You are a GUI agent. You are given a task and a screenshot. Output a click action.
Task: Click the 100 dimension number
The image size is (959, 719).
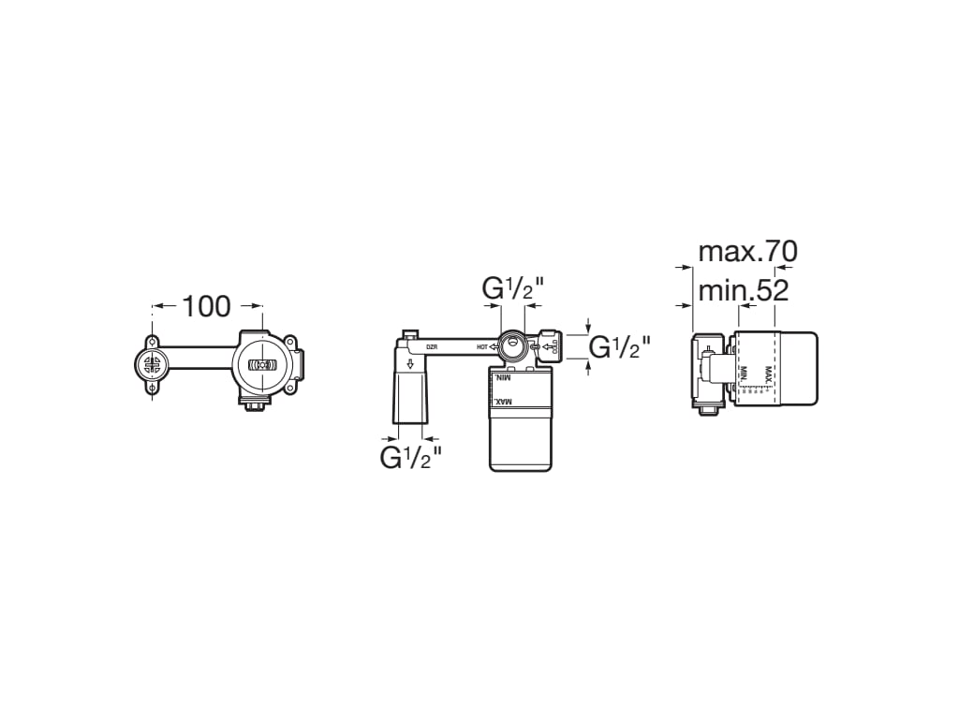(x=206, y=306)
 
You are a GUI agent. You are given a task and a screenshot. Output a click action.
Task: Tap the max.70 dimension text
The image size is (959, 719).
(x=747, y=251)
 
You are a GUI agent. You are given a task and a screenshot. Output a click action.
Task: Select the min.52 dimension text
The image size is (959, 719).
(x=743, y=290)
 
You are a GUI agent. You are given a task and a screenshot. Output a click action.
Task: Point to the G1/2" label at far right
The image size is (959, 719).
(x=619, y=347)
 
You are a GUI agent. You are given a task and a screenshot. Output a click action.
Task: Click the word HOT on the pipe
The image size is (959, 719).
(x=482, y=347)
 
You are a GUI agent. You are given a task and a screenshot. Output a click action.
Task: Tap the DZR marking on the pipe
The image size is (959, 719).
(x=433, y=347)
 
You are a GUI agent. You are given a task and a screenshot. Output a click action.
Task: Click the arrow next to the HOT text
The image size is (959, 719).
(x=494, y=347)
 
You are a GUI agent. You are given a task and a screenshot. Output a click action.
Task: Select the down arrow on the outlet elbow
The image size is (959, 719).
(x=409, y=364)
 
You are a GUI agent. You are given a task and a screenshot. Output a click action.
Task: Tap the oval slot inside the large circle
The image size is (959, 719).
(x=264, y=365)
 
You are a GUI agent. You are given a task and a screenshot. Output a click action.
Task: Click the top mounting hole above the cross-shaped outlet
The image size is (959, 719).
(x=152, y=340)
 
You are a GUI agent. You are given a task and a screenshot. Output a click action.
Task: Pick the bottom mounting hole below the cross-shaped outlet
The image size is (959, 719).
(x=152, y=387)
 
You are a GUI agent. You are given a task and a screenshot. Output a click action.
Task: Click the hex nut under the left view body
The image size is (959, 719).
(x=253, y=404)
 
